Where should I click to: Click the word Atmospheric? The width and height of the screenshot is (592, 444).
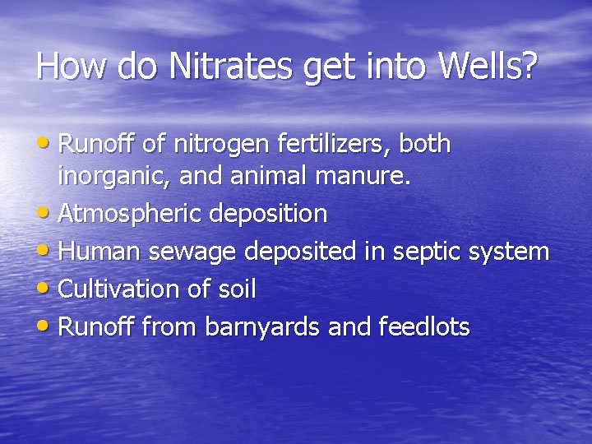click(131, 215)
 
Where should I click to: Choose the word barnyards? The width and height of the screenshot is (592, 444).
click(262, 327)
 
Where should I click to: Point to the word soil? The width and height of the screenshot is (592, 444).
click(238, 289)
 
